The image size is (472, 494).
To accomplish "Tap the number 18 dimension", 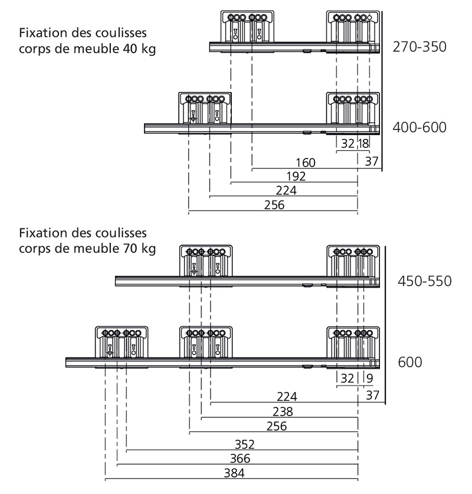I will [363, 143].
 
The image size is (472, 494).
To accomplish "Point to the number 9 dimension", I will [369, 378].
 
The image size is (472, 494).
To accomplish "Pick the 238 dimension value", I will [283, 411].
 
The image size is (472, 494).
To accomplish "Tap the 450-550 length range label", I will [422, 281].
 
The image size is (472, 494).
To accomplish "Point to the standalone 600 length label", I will [410, 361].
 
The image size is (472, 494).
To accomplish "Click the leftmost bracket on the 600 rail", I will [122, 343].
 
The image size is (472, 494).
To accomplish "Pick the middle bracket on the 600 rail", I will [205, 343].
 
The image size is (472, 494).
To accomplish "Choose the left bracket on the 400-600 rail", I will [204, 108].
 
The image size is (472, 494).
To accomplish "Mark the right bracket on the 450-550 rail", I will [352, 261].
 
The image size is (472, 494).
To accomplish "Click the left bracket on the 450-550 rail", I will [205, 261].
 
